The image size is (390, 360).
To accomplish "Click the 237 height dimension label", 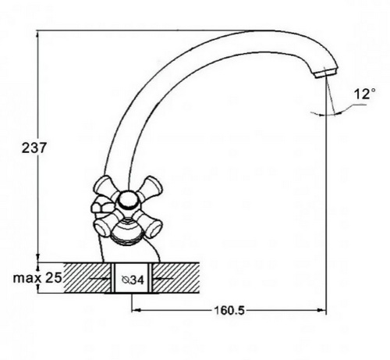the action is (34, 148).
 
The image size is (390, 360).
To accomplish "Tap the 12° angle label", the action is (365, 94).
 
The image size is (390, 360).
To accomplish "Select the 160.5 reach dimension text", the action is (229, 310).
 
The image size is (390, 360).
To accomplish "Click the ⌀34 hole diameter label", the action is (133, 280).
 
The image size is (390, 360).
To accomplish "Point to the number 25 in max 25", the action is (54, 278).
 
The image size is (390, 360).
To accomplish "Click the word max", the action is (27, 278).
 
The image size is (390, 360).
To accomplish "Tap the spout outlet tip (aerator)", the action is (326, 72).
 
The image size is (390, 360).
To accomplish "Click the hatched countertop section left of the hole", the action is (87, 278).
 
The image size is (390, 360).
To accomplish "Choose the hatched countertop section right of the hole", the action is (175, 278).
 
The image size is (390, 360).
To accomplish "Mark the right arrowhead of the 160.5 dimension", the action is (322, 310).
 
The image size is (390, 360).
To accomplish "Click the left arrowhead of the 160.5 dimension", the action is (136, 310).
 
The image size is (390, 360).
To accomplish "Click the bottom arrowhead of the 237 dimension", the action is (38, 258).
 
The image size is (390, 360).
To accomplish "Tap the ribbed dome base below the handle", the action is (128, 233).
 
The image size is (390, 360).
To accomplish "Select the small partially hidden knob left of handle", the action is (102, 205).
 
